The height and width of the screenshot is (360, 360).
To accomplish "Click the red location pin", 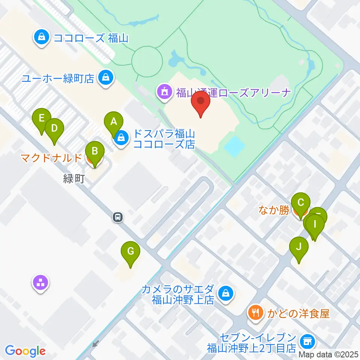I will (x=201, y=102).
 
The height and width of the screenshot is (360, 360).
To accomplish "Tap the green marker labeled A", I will (x=113, y=122).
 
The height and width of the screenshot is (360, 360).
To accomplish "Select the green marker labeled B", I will (x=94, y=152).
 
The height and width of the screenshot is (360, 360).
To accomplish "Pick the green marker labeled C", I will (x=300, y=203).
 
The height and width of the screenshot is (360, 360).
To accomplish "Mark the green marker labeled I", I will (x=315, y=225).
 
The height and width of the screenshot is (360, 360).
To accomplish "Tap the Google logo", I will (x=25, y=351).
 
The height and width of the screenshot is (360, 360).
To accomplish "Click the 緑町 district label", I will (x=73, y=179).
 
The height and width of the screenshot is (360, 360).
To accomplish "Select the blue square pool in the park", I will (x=234, y=147).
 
